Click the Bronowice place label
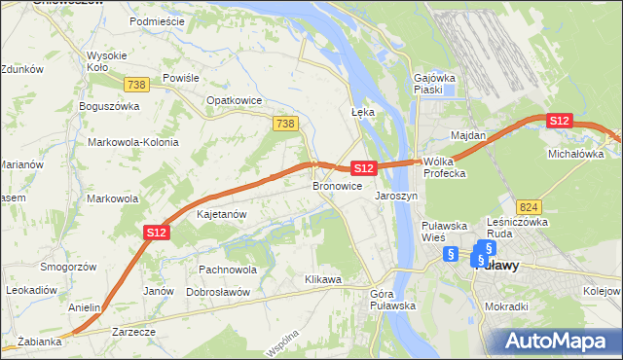(x=338, y=186)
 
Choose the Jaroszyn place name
(x=396, y=196)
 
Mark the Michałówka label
(x=576, y=154)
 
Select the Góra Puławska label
(x=393, y=300)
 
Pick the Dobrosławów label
(x=218, y=292)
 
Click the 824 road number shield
(x=530, y=206)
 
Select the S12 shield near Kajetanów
(x=157, y=232)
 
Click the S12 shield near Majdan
(x=558, y=121)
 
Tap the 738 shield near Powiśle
(x=136, y=86)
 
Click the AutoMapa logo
(x=557, y=341)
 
